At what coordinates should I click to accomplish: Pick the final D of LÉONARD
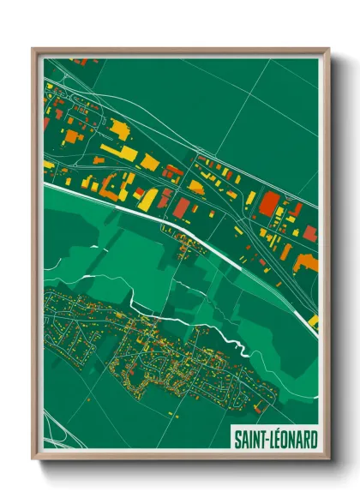point(313,440)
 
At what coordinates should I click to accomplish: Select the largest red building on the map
point(269,204)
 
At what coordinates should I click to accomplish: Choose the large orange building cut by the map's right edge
point(305,261)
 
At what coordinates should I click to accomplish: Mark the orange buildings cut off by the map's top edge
point(79,62)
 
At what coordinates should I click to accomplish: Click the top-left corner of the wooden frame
point(33,49)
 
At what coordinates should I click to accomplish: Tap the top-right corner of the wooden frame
point(327,49)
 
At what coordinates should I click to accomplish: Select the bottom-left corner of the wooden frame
point(33,460)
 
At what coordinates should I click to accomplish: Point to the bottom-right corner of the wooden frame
point(327,460)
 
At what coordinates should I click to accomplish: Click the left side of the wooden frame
point(34,257)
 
